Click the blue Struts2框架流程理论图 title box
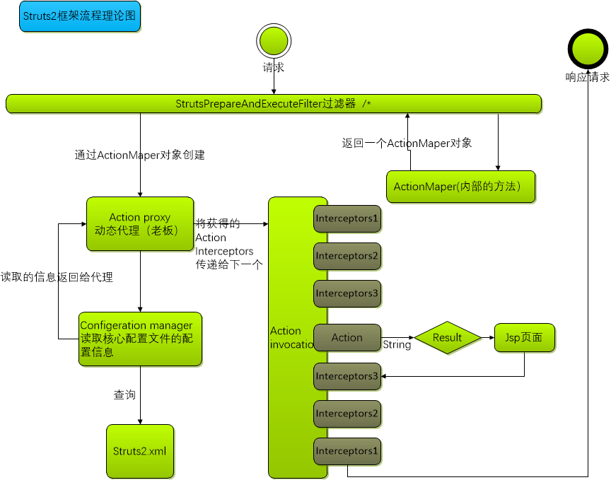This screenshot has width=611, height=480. point(79,16)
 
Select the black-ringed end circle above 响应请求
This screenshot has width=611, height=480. point(588,49)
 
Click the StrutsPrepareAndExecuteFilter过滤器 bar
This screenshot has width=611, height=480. point(273,104)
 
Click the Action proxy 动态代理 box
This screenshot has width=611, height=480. point(140,223)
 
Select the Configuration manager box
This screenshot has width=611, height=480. point(140,339)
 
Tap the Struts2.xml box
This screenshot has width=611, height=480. point(140,451)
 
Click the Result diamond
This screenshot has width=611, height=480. point(447,338)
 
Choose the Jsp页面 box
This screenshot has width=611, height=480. point(524,338)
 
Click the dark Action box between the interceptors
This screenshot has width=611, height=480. point(347,338)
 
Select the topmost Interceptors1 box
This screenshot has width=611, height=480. point(347,218)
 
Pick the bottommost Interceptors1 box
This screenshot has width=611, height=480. point(347,451)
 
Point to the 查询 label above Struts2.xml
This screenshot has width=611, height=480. point(124,395)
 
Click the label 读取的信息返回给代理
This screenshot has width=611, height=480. point(57,278)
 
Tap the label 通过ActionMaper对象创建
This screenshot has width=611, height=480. point(140,155)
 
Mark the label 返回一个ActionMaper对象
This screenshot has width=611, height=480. point(407,143)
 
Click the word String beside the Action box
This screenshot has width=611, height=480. point(397,346)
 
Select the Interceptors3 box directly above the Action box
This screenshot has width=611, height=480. point(347,293)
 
